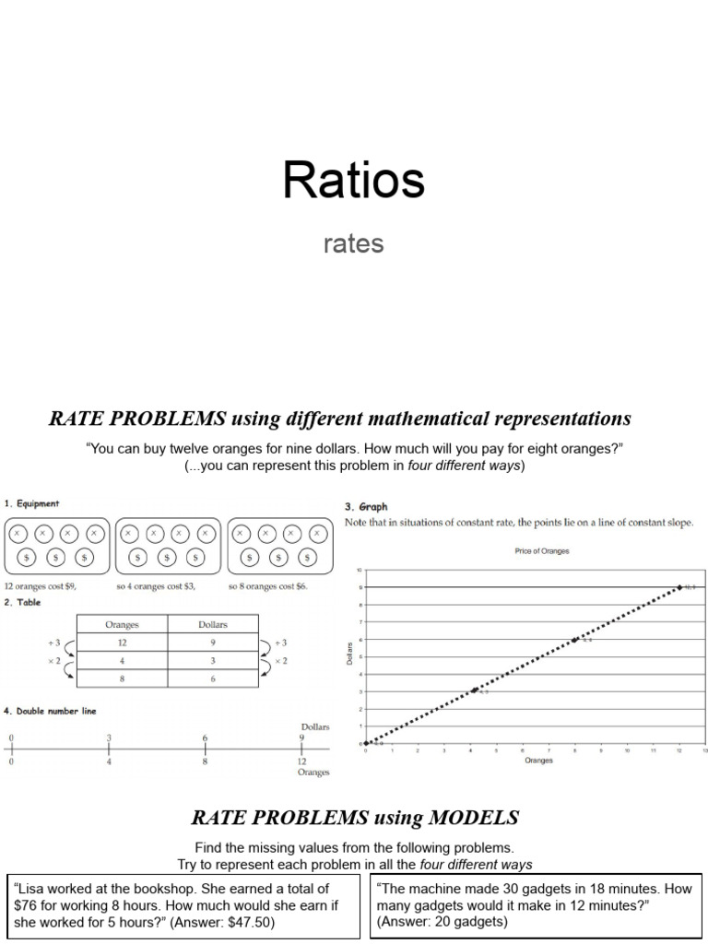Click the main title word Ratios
coord(353,180)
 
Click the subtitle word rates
coord(353,244)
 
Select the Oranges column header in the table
coord(122,625)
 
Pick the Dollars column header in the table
coord(213,625)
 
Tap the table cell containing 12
coord(122,643)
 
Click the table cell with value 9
coord(213,643)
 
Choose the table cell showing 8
coord(122,678)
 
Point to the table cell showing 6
coord(213,678)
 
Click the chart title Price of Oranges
coord(541,551)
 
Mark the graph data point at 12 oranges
coord(679,586)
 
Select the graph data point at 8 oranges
coord(574,640)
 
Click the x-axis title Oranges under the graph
coord(539,761)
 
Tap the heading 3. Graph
coord(366,506)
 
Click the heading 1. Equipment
coord(32,503)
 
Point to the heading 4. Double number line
coord(50,711)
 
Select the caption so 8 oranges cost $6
coord(268,586)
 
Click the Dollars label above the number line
coord(315,726)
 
